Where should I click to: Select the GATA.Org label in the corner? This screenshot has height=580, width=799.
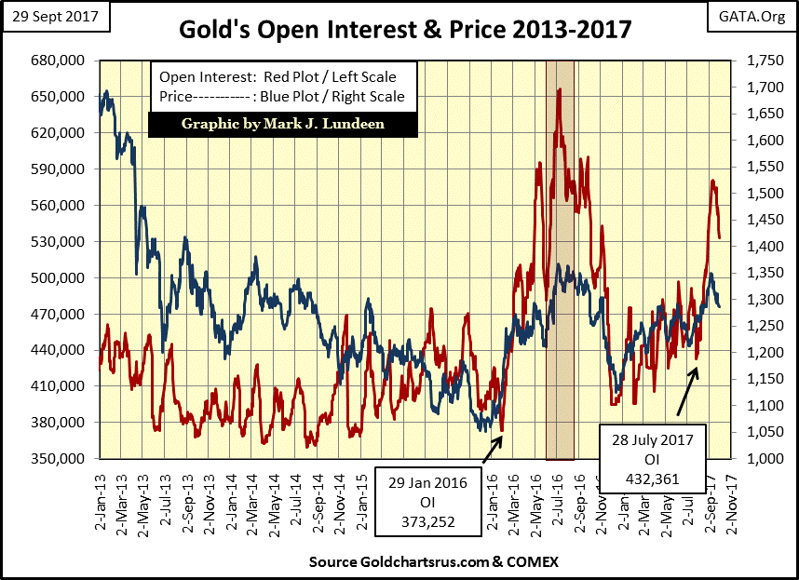click(x=751, y=17)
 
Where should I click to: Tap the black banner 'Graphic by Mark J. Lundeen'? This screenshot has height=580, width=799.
click(x=285, y=124)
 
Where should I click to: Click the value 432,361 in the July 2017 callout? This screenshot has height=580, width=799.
click(x=653, y=479)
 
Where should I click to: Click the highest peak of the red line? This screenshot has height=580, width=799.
click(x=559, y=90)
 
